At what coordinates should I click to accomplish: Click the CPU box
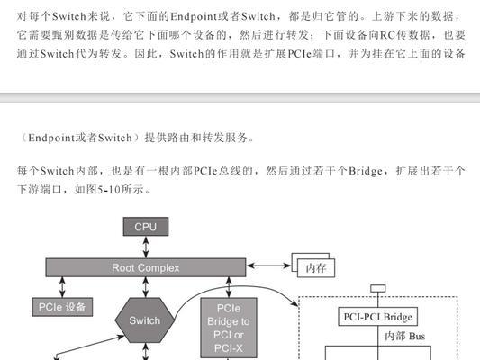coord(146,227)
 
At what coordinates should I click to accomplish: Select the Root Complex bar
coord(146,267)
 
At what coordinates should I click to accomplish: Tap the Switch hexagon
coord(145,320)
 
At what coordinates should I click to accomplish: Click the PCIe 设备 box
coord(62,307)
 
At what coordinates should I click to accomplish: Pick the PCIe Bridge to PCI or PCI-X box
coord(229,328)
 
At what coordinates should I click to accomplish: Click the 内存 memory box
coord(316,268)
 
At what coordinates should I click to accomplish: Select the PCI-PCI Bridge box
coord(377,317)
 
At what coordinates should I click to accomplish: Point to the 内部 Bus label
coord(404,336)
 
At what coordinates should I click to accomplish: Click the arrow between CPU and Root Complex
coord(146,247)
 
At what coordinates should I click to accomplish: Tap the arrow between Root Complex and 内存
coord(268,265)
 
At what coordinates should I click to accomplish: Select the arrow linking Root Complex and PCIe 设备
coord(62,287)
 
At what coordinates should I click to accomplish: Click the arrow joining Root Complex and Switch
coord(146,287)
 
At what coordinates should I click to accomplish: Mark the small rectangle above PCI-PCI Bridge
coord(377,288)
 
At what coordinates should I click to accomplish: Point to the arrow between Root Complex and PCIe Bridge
coord(229,287)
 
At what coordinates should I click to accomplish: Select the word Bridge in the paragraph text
coord(366,171)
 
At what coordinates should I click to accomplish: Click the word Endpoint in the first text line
coord(193,16)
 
